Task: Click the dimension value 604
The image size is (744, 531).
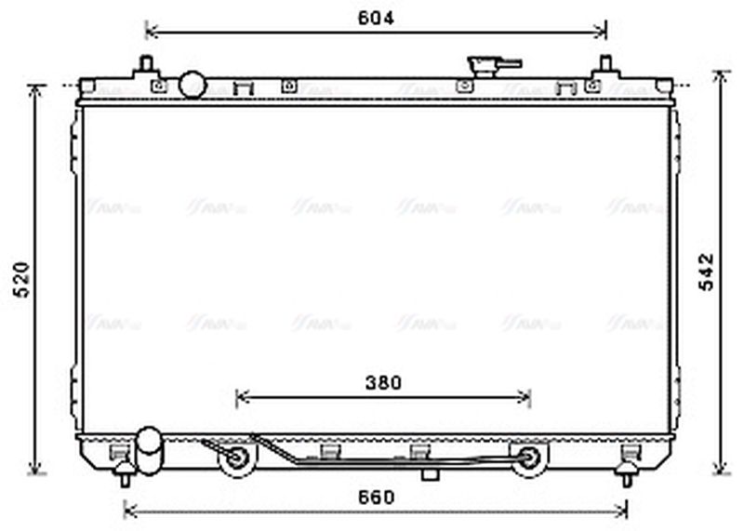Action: point(376,18)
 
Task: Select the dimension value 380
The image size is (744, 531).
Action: point(382,382)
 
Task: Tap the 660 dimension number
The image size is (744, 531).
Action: point(376,497)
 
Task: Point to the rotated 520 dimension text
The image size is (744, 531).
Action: point(22,279)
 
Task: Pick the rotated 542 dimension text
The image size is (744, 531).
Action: point(707,272)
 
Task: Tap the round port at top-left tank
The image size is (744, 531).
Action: point(193,85)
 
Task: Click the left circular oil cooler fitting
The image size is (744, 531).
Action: point(234,458)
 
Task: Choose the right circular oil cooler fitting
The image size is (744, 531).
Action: point(529,458)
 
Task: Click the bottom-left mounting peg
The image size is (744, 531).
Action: point(124,475)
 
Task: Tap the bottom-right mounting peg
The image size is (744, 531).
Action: point(627,475)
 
